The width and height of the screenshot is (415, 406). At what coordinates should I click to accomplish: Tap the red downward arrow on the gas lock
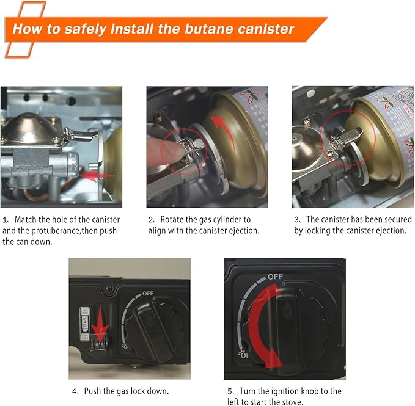pyautogui.click(x=100, y=333)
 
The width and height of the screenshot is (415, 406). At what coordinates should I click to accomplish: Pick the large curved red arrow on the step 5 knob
pyautogui.click(x=260, y=325)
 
